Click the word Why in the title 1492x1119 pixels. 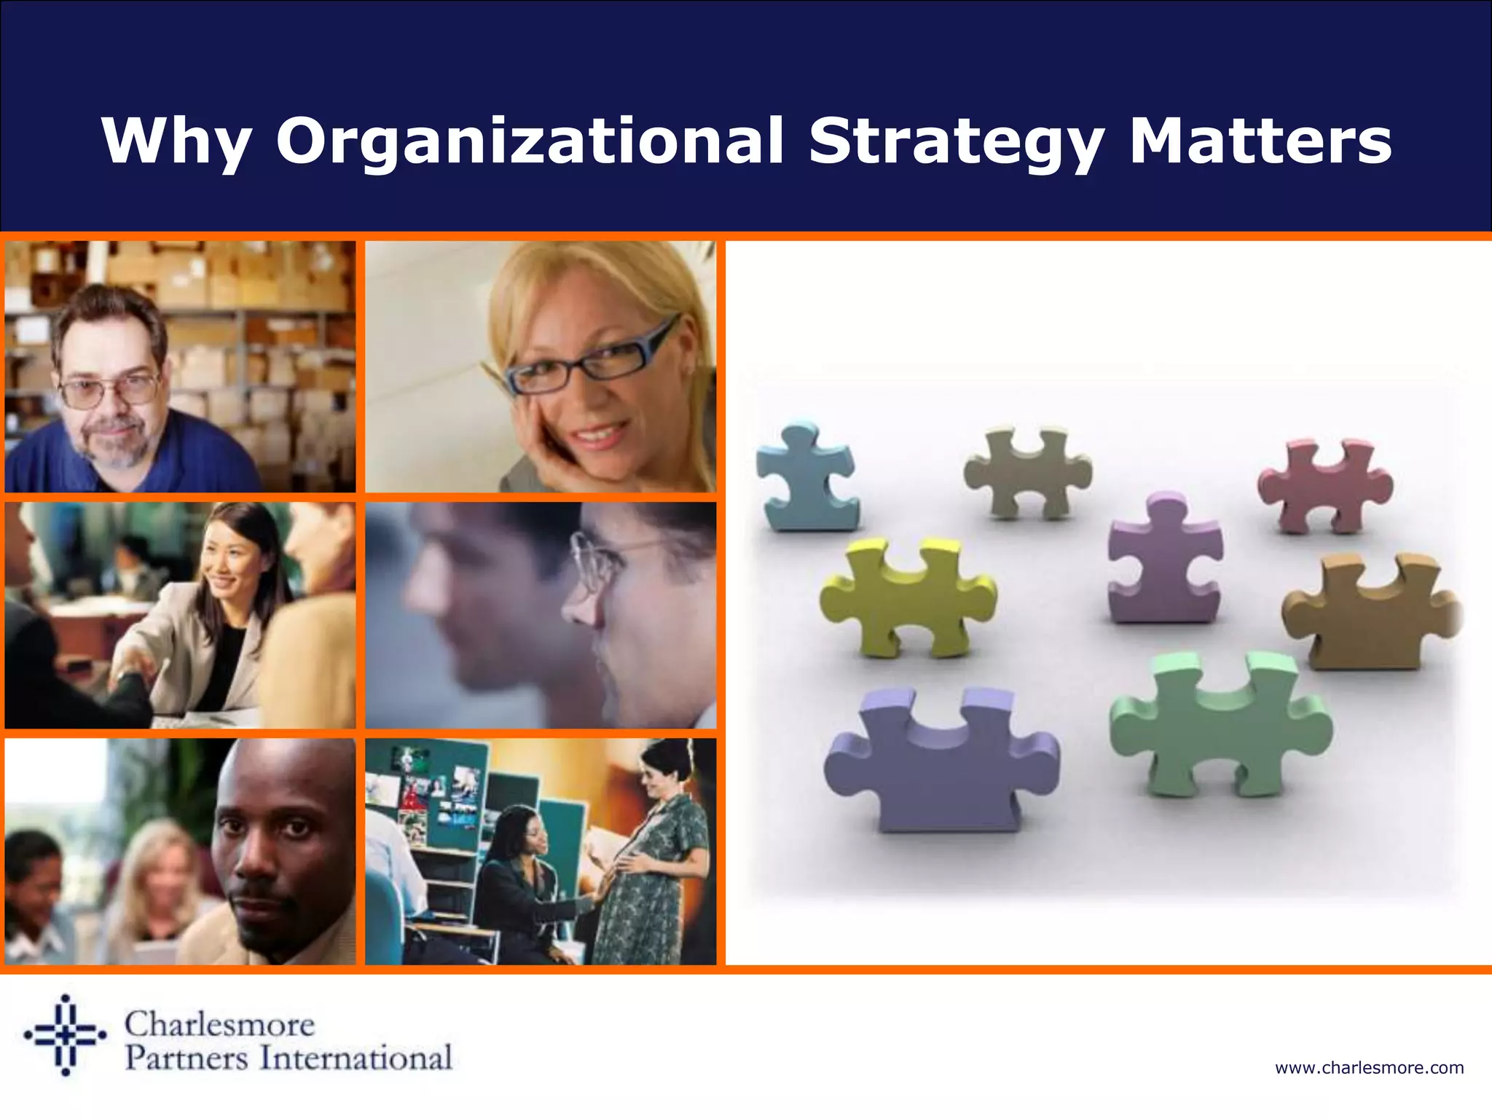pos(177,142)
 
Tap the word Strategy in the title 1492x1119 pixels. pos(956,142)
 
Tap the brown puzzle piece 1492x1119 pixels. pos(1370,612)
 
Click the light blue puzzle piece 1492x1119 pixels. pos(805,477)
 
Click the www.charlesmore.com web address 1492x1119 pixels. pos(1369,1068)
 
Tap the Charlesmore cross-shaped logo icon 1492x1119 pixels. pos(66,1034)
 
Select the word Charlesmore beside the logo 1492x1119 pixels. pos(219,1024)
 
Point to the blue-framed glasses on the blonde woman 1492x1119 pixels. pos(590,359)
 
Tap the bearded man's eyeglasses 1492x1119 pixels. pos(109,390)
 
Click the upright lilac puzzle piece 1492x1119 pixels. pos(1163,561)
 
